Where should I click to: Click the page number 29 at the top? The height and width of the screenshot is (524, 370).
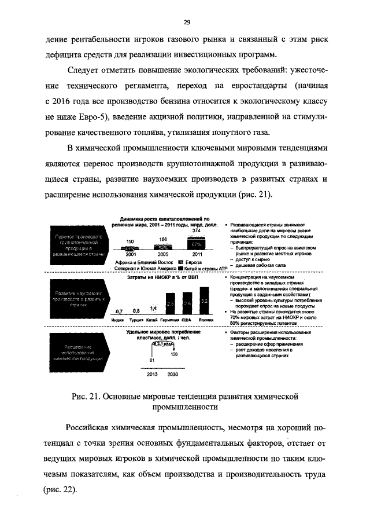tap(187, 22)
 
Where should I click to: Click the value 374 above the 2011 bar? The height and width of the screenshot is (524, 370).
tap(196, 231)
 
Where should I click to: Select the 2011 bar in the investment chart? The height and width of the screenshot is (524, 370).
tap(196, 243)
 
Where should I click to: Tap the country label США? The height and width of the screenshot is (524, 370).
tap(187, 320)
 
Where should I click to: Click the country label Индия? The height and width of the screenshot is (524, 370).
tap(118, 320)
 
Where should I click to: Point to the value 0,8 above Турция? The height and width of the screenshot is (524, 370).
tap(136, 311)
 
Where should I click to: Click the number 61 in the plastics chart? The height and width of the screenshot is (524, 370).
tap(153, 361)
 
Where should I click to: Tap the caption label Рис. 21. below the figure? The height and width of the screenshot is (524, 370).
tap(86, 397)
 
